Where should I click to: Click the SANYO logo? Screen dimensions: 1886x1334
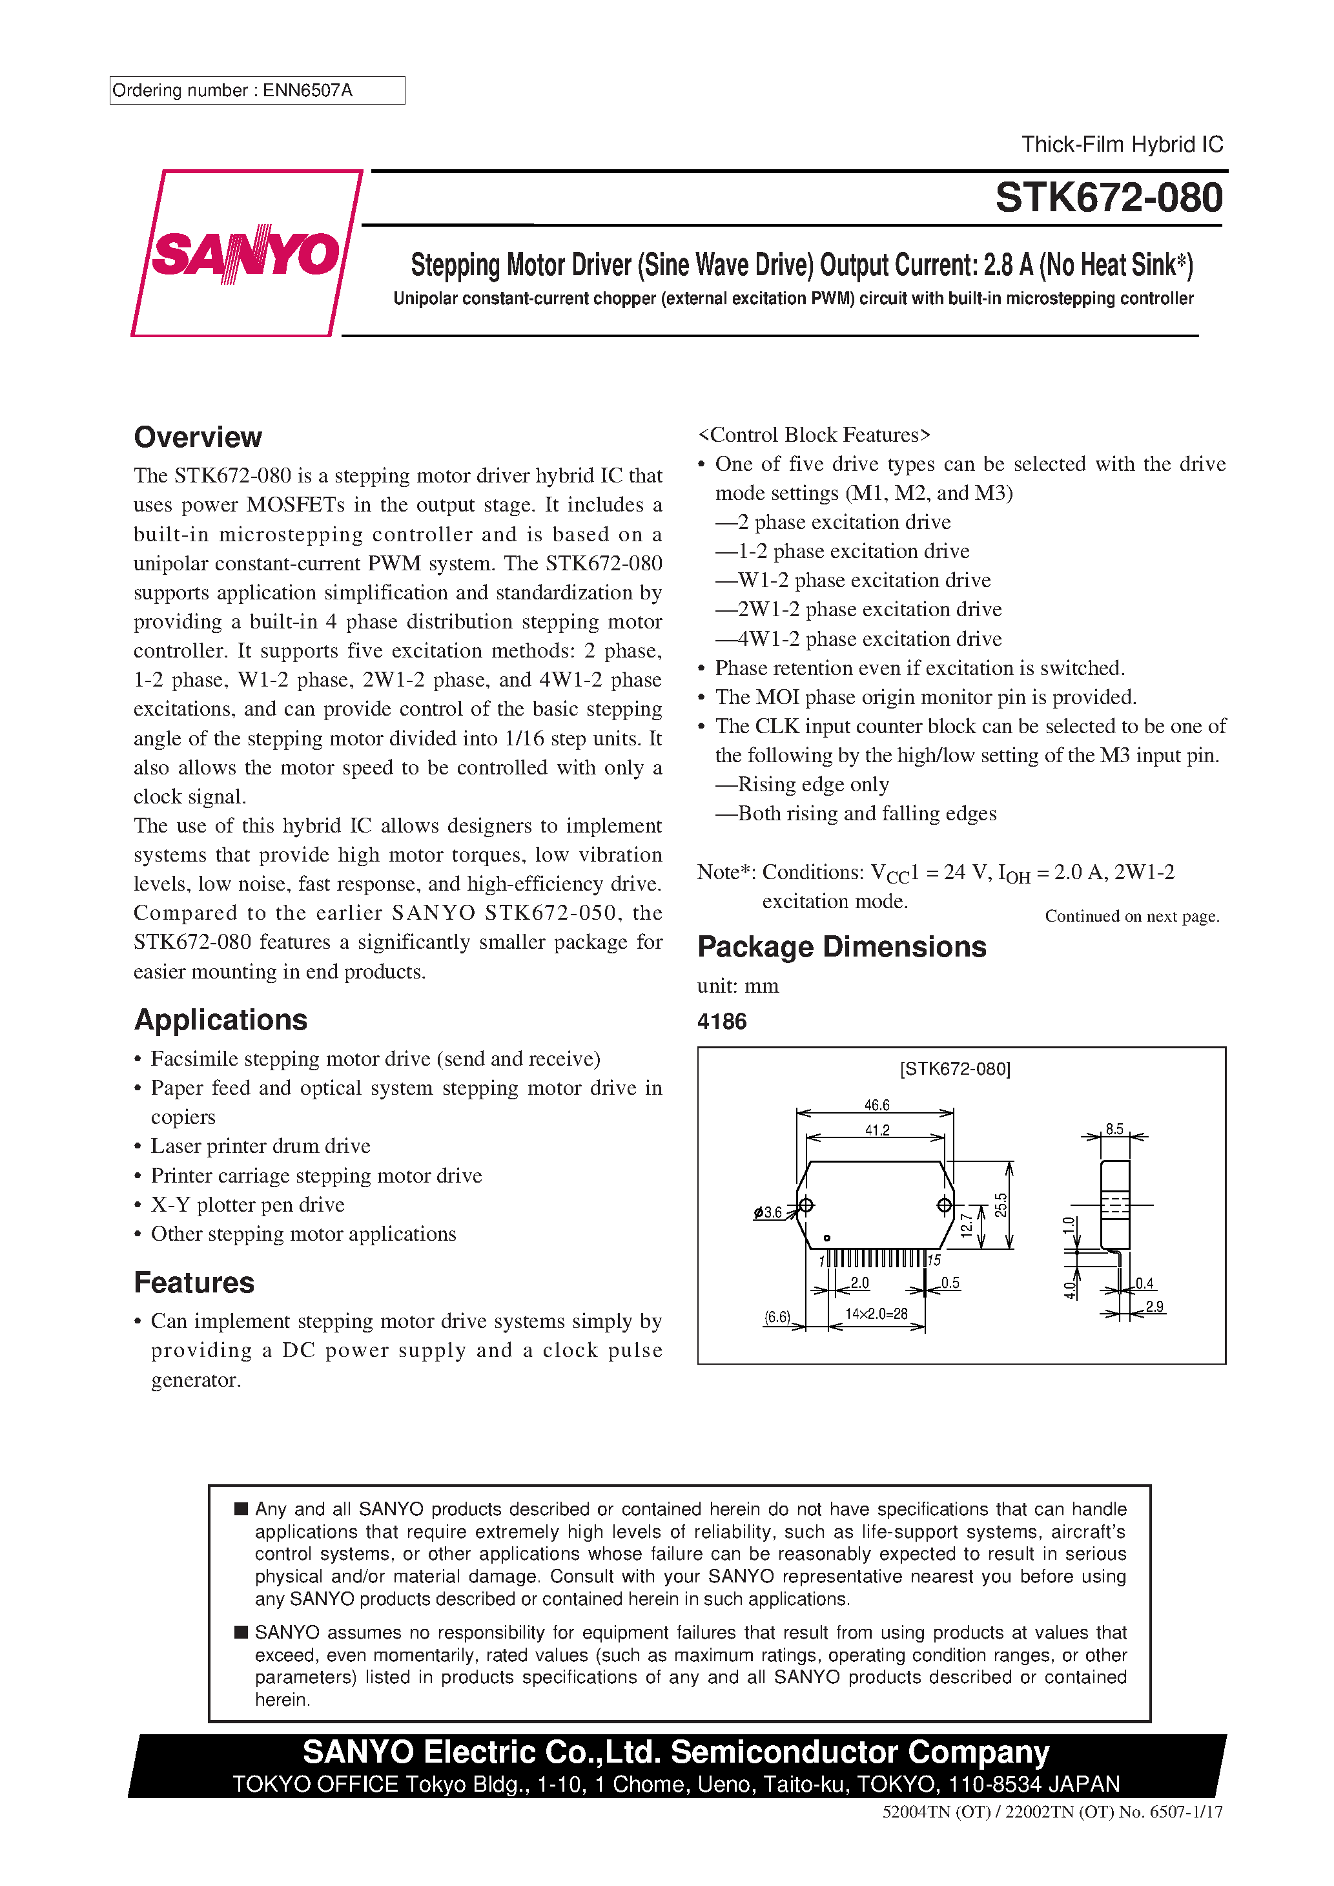(245, 253)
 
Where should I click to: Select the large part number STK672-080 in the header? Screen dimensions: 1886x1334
(1108, 198)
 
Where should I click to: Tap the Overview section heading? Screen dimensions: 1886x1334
(198, 437)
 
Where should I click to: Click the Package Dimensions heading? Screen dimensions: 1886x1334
(841, 946)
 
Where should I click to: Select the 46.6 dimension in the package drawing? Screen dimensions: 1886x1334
(876, 1105)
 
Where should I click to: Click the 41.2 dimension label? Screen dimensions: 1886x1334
(876, 1130)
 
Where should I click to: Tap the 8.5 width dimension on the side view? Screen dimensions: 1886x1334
(1114, 1128)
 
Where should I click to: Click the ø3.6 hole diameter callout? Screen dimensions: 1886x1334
(768, 1212)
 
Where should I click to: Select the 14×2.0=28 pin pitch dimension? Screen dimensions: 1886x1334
(876, 1314)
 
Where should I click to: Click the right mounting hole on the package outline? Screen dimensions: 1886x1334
(944, 1205)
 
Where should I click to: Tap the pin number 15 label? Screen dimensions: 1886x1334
(934, 1260)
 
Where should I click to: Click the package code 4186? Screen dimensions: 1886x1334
(721, 1021)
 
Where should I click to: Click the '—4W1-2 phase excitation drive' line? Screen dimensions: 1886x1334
(858, 638)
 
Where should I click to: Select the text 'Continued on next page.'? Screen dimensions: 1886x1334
(1131, 916)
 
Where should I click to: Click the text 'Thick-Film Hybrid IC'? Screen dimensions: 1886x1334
(1122, 145)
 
